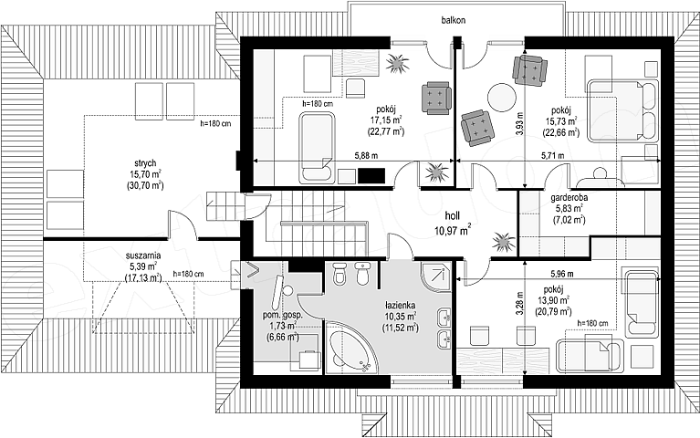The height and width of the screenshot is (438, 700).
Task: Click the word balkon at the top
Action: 454,20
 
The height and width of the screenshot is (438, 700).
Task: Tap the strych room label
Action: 145,163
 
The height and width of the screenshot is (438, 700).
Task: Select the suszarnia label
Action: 143,256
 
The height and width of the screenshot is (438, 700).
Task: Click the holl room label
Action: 453,216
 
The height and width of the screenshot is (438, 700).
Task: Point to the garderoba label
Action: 569,197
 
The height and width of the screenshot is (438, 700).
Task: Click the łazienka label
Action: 400,306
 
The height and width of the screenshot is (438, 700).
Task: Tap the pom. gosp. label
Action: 283,314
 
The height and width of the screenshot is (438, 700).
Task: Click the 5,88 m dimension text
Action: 366,156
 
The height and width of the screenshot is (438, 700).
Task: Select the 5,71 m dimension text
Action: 552,156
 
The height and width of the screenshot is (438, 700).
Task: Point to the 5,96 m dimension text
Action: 562,274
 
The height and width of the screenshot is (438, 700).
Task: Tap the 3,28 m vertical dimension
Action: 518,304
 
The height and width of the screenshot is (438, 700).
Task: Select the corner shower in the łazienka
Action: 435,276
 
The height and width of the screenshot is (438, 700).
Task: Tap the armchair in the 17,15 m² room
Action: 435,98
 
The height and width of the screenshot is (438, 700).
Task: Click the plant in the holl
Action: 504,243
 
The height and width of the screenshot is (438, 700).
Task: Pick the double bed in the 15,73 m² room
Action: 622,111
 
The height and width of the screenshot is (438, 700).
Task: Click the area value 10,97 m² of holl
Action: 453,230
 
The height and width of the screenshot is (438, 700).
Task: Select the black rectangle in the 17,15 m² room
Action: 371,175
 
